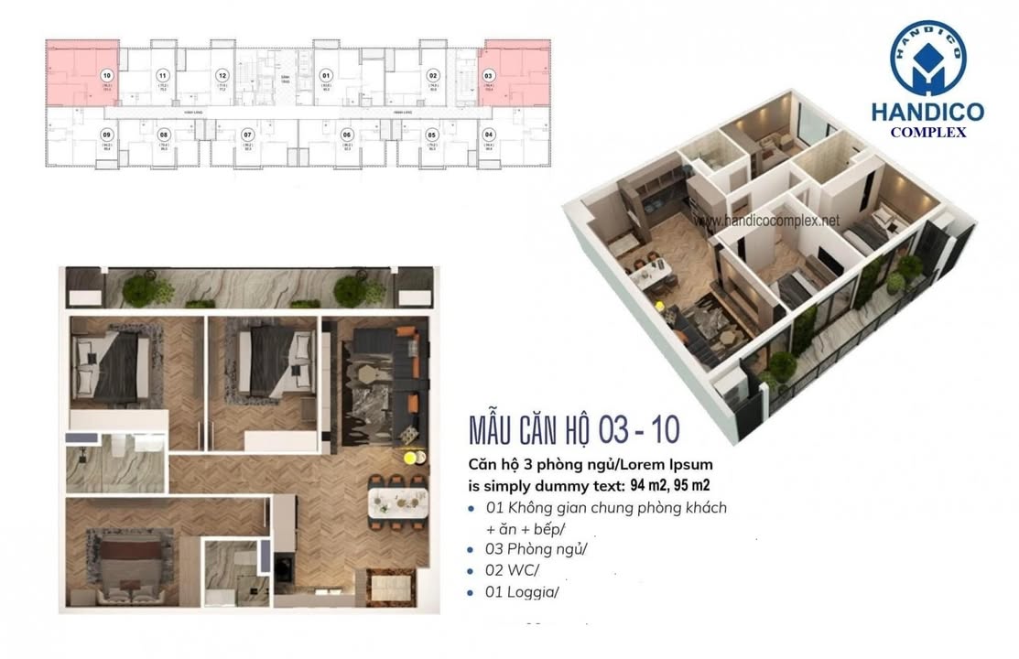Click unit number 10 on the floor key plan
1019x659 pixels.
pyautogui.click(x=107, y=76)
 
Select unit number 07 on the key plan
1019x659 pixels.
pyautogui.click(x=247, y=134)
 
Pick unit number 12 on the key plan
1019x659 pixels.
pyautogui.click(x=222, y=76)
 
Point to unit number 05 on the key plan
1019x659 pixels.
pyautogui.click(x=431, y=134)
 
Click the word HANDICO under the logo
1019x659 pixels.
pyautogui.click(x=927, y=113)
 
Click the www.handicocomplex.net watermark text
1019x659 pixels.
pyautogui.click(x=767, y=221)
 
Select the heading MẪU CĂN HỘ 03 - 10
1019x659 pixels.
pyautogui.click(x=573, y=428)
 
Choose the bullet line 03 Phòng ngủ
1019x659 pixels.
pyautogui.click(x=536, y=550)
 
